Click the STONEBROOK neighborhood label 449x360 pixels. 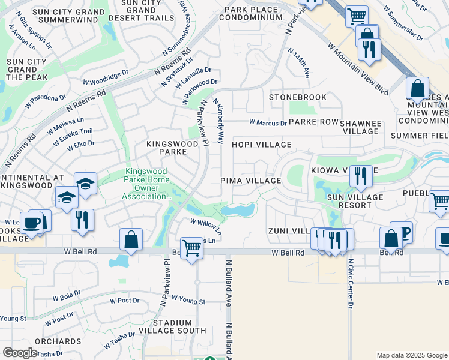coord(298,97)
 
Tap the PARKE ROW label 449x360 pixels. coord(314,122)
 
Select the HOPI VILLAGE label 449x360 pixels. coord(262,145)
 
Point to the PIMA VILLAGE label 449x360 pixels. coord(251,181)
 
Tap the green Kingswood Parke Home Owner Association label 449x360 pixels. coord(148,184)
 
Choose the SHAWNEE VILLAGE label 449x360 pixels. coord(361,127)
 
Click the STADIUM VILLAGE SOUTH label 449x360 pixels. coord(172,326)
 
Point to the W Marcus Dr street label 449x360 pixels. coord(268,123)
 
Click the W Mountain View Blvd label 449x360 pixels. coord(358,67)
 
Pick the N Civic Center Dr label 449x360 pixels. coord(351,284)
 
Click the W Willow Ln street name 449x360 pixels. coord(206,226)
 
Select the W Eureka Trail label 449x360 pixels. coord(73,136)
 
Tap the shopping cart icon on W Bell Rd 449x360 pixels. coord(191,248)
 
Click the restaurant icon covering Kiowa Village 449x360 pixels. coord(360,176)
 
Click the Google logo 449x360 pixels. coord(20,353)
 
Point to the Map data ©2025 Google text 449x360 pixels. coord(411,355)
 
